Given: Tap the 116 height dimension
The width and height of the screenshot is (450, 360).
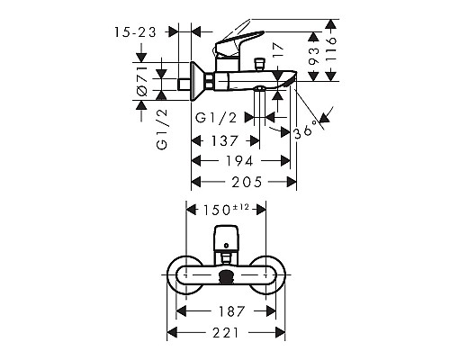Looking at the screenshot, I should (331, 40).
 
